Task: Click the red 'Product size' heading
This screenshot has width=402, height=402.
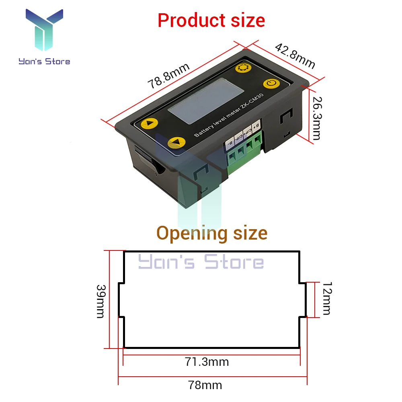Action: (211, 20)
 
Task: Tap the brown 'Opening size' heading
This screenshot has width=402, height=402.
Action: (211, 233)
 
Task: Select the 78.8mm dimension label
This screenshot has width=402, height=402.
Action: (168, 76)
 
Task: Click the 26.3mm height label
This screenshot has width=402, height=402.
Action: (316, 117)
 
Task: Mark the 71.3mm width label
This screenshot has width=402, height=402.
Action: (207, 362)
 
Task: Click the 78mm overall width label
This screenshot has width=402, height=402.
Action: (205, 385)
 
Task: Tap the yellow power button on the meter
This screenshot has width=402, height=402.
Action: (271, 84)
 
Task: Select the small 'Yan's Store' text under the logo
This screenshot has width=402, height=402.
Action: (44, 62)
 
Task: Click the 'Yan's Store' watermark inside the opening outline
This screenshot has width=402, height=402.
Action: (201, 262)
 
